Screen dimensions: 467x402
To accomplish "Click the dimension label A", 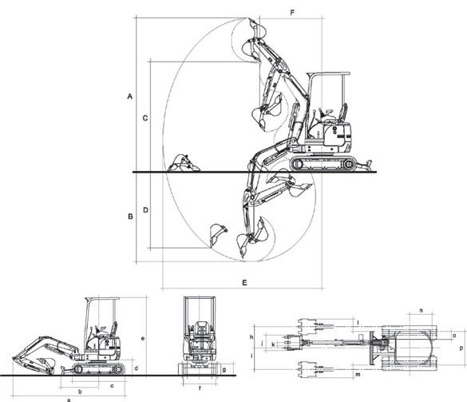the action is click(129, 97).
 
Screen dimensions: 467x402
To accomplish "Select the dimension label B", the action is click(130, 217).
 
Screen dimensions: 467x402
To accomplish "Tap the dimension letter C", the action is click(145, 118).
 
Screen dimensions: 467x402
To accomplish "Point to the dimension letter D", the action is click(145, 210).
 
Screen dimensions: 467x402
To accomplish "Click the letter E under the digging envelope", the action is click(244, 282).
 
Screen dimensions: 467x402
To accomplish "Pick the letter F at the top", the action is click(292, 13).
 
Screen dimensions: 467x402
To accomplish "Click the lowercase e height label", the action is click(143, 339).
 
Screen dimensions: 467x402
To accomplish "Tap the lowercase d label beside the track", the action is click(137, 368).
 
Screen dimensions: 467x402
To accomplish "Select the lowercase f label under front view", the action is click(200, 388).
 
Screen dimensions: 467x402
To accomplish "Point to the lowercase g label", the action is click(224, 370).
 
